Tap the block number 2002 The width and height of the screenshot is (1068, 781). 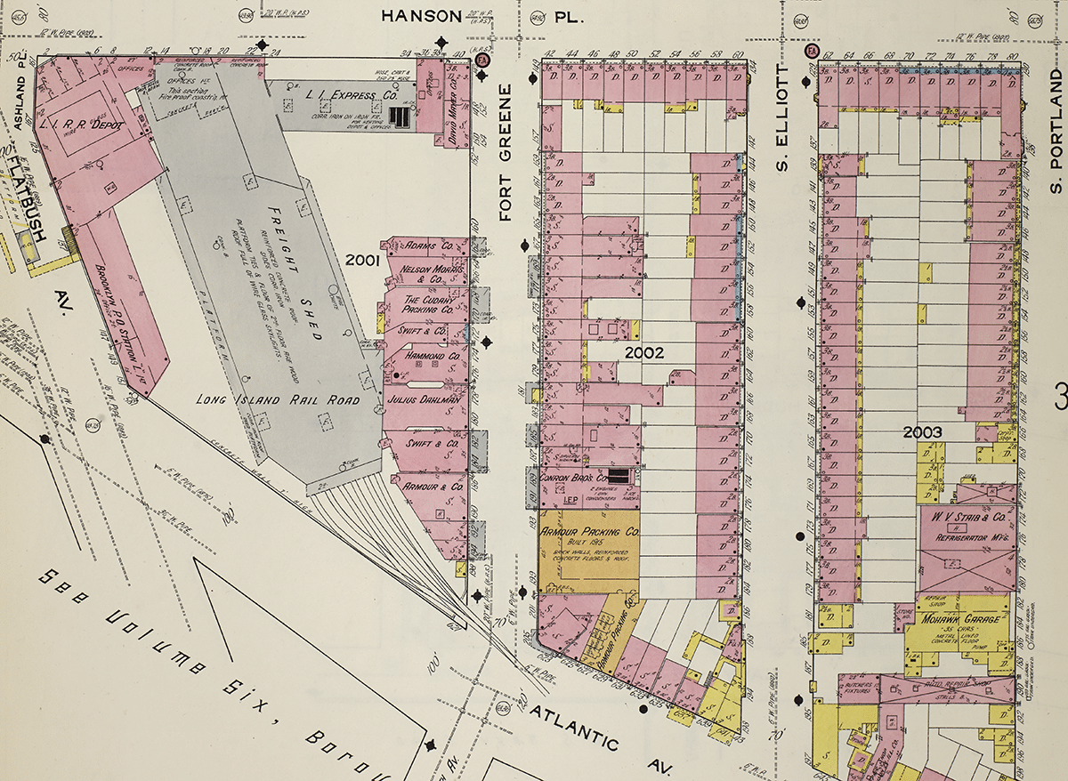pyautogui.click(x=643, y=353)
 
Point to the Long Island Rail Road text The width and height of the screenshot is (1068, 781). pyautogui.click(x=278, y=400)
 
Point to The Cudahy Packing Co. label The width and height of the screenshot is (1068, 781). pyautogui.click(x=429, y=306)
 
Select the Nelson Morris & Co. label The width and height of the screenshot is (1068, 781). pyautogui.click(x=422, y=272)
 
